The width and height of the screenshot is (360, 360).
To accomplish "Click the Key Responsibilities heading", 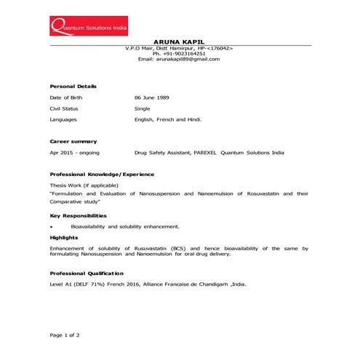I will point(78,216).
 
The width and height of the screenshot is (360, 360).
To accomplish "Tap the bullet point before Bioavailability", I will point(52,227).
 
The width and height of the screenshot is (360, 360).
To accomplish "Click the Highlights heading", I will point(64,237).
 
